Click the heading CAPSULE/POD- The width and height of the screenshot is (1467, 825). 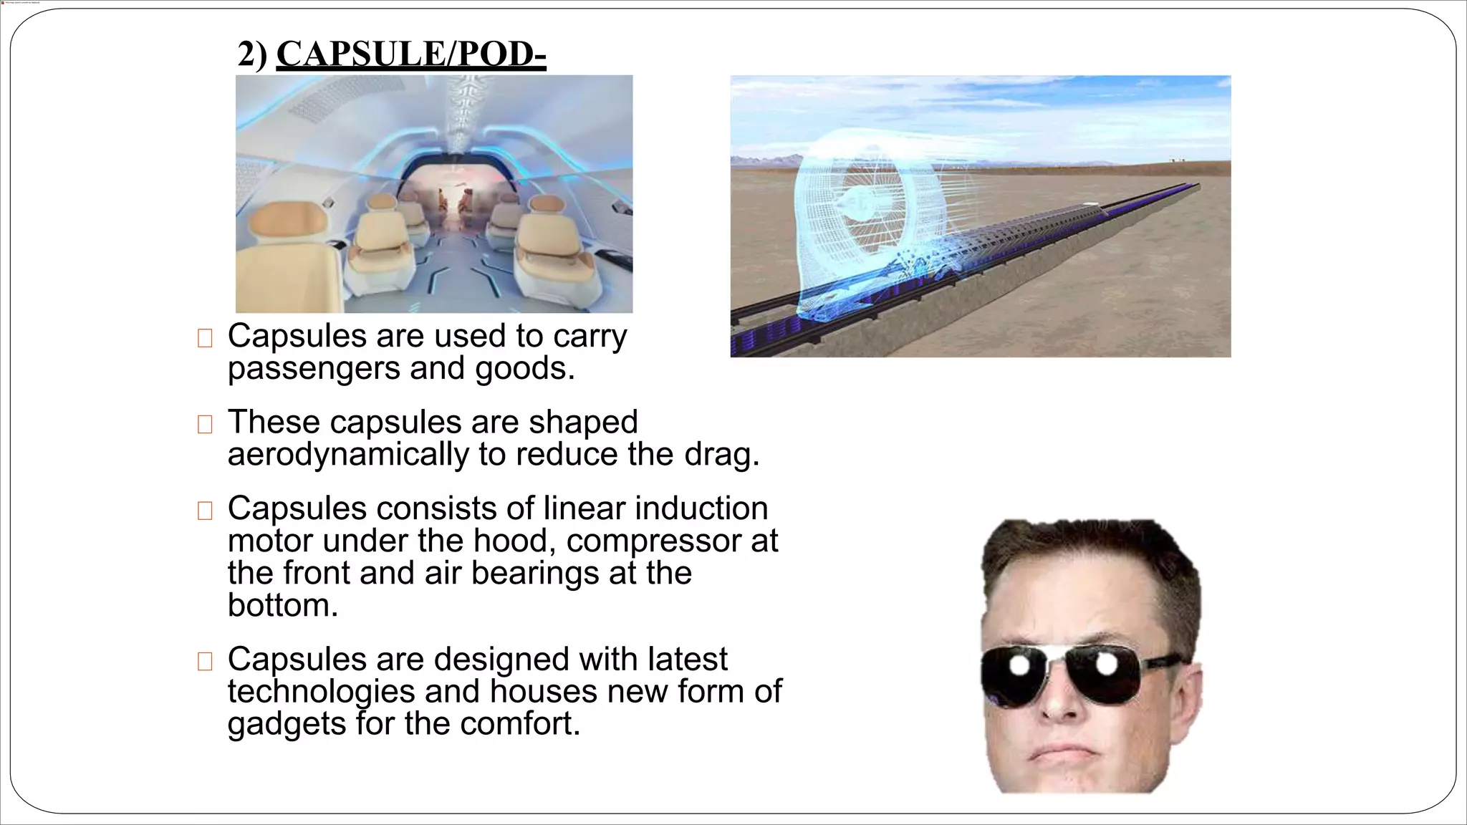411,54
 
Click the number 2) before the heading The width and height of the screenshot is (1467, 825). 252,54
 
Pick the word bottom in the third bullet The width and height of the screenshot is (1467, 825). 282,605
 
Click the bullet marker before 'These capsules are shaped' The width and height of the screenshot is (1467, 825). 205,424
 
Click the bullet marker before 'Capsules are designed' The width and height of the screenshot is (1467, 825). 205,661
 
